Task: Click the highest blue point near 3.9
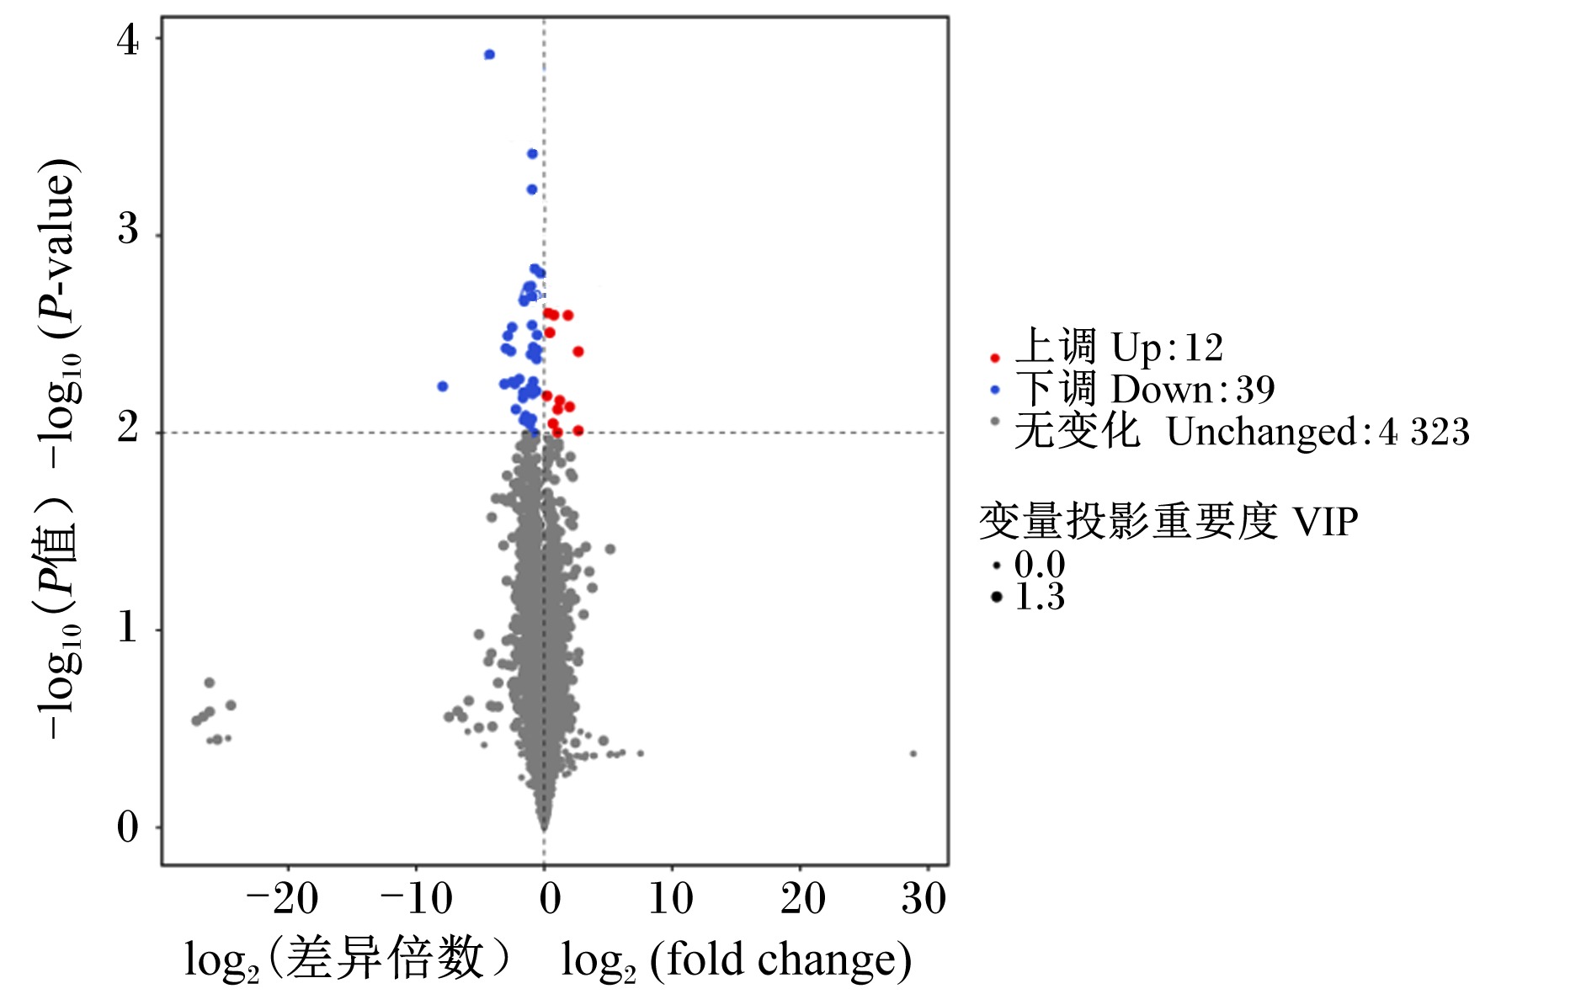[x=489, y=55]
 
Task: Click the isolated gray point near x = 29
[x=913, y=753]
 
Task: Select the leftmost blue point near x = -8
[x=443, y=386]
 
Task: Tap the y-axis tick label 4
[x=128, y=40]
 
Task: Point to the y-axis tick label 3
[x=128, y=229]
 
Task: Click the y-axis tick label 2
[x=128, y=427]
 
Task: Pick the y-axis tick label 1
[x=128, y=627]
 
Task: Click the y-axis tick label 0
[x=128, y=827]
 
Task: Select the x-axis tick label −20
[x=283, y=899]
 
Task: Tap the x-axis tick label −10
[x=417, y=899]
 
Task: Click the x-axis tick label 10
[x=671, y=899]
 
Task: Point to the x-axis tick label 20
[x=803, y=899]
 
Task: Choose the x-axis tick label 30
[x=924, y=899]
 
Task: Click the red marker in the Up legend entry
[x=995, y=358]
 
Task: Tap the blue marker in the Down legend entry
[x=995, y=390]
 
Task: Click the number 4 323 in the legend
[x=1424, y=433]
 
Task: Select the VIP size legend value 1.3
[x=1041, y=597]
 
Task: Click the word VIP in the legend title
[x=1326, y=522]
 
